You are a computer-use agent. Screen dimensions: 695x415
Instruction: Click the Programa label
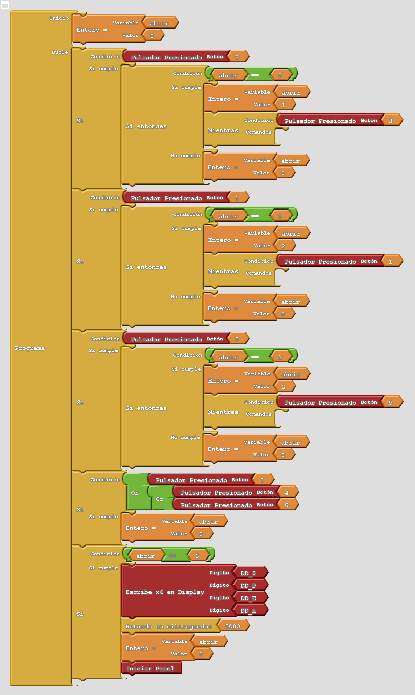click(30, 348)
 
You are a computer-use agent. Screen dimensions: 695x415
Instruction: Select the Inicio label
click(59, 18)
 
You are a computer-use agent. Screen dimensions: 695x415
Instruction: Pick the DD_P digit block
click(248, 586)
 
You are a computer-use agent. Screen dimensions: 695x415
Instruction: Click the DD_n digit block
click(248, 611)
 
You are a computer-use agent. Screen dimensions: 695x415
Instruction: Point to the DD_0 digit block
click(248, 573)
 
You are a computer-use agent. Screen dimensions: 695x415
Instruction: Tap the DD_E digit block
click(248, 598)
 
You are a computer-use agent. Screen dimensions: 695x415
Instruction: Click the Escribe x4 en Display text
click(165, 592)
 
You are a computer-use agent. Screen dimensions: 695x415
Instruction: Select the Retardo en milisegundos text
click(168, 627)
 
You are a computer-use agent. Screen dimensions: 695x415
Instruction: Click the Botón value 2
click(262, 480)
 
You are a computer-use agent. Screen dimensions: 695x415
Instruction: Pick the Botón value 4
click(287, 493)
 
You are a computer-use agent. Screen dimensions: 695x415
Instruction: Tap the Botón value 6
click(287, 505)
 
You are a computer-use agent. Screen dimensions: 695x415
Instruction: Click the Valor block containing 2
click(283, 246)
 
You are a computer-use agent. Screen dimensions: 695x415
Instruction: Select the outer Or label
click(135, 493)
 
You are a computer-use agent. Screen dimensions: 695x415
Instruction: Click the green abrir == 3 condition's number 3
click(197, 556)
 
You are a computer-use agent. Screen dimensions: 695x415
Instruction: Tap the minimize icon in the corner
click(5, 5)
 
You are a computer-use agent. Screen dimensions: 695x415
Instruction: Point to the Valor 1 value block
click(283, 105)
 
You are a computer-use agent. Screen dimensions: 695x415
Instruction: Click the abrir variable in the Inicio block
click(159, 24)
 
